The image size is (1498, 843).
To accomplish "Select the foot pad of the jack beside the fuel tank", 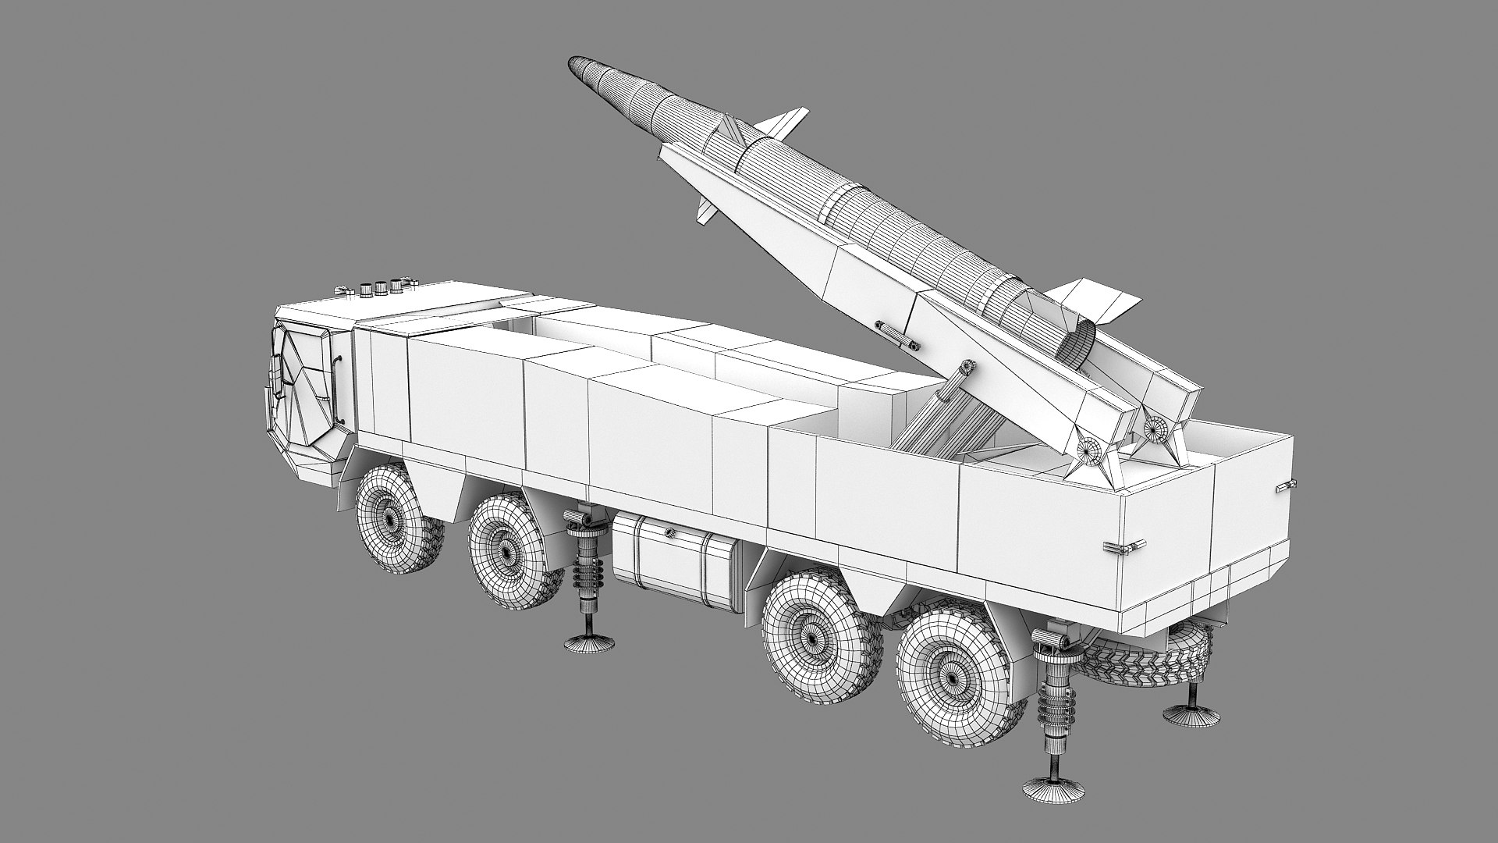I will click(x=589, y=643).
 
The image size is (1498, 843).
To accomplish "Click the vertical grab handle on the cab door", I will click(x=339, y=367).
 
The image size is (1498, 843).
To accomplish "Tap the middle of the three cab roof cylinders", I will click(x=381, y=287).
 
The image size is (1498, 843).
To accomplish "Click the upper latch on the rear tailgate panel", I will click(x=1282, y=486).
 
